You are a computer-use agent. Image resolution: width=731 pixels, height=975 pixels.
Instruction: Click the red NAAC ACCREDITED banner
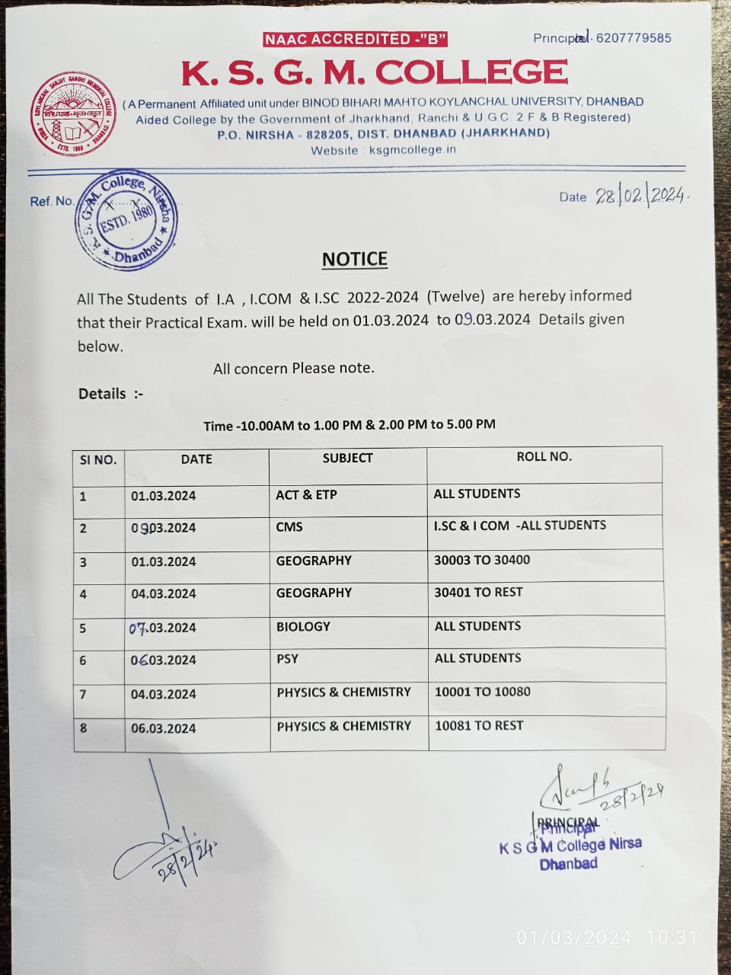(x=355, y=39)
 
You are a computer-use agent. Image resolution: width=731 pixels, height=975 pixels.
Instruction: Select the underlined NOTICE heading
(x=355, y=260)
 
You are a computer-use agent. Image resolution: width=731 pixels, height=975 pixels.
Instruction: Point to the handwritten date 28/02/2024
(x=641, y=196)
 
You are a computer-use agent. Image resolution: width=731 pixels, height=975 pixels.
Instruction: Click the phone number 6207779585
(x=634, y=38)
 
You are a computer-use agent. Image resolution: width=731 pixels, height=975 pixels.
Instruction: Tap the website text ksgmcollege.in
(x=412, y=149)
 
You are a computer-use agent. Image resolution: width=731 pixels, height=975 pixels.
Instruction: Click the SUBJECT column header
(x=347, y=458)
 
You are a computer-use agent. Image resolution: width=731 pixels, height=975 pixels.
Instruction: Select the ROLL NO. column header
(x=544, y=456)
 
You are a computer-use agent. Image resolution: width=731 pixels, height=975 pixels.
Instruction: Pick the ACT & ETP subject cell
(x=306, y=495)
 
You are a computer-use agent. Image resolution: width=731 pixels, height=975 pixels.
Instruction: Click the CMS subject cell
(x=289, y=527)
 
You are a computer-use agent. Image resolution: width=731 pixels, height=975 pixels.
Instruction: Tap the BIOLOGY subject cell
(x=303, y=626)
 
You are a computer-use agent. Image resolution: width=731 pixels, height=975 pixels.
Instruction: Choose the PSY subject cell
(x=287, y=659)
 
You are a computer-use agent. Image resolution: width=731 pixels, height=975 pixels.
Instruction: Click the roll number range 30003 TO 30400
(x=481, y=560)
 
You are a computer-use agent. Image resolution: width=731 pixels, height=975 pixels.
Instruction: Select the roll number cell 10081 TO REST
(x=479, y=725)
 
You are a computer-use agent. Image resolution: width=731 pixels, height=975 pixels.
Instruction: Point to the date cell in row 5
(x=163, y=628)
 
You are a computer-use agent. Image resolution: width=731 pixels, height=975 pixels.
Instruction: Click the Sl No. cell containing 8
(x=84, y=728)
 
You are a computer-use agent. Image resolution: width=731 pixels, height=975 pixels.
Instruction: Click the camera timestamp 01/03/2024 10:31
(x=607, y=938)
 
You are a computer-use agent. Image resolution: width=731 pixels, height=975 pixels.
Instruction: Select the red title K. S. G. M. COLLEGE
(x=375, y=73)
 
